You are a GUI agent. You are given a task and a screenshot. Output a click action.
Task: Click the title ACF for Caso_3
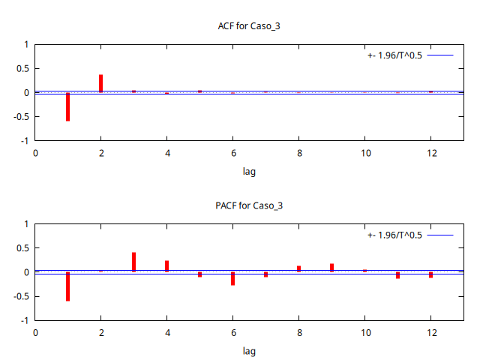coord(249,26)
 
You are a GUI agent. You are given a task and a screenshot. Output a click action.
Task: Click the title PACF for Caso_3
coord(249,205)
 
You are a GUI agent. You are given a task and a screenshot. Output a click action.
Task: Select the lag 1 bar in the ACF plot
coord(67,106)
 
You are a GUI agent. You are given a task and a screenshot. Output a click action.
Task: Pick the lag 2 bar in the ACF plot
coord(100,83)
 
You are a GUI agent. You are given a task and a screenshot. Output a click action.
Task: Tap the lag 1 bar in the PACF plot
coord(67,286)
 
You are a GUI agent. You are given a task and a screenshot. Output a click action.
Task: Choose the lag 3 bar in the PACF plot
coord(133,262)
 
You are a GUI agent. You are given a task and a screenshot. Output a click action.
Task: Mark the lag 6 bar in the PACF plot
coord(232,278)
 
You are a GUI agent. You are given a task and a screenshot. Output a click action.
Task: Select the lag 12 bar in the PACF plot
coord(430,274)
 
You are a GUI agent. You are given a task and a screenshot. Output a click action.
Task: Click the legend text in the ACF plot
coord(395,55)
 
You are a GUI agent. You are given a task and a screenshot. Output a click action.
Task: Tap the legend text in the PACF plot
coord(395,235)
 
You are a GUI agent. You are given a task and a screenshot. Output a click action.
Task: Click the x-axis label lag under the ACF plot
coord(249,172)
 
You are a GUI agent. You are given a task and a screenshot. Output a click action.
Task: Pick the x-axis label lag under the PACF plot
coord(249,351)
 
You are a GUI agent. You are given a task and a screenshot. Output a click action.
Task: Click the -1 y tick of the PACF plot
coord(25,320)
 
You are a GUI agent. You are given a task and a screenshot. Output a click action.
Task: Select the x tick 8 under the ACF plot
coord(298,153)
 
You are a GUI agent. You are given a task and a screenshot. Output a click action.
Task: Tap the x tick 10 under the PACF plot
coord(364,332)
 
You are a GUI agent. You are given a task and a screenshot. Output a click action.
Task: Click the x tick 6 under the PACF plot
coord(232,332)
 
